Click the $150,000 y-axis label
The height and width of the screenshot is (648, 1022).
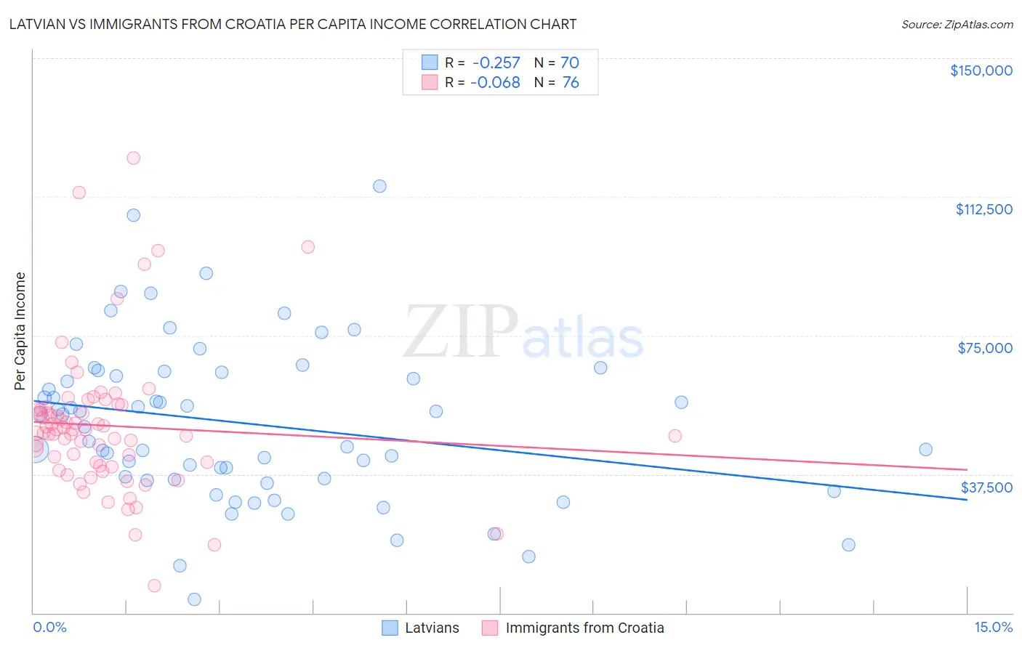981,70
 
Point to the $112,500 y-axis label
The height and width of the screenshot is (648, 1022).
983,209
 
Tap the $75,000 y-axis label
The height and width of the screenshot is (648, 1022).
985,348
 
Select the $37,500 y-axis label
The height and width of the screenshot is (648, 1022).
986,487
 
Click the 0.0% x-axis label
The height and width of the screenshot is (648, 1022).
49,627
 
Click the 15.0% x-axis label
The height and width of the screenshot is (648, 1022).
993,627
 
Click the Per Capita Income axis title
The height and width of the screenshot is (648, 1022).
20,331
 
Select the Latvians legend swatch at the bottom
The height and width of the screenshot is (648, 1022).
390,628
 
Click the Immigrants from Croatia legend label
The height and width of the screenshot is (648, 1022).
584,628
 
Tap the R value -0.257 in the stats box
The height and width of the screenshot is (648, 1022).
496,63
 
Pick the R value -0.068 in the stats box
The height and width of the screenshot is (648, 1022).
496,83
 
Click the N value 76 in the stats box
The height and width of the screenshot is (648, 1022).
571,83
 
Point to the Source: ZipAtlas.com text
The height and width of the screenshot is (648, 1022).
957,25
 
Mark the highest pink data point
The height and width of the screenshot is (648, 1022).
133,158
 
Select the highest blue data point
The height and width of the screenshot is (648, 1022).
379,186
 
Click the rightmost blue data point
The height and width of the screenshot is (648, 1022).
925,450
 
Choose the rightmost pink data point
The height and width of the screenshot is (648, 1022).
675,436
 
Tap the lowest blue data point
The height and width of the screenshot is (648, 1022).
194,599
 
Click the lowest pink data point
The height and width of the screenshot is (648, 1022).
154,586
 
